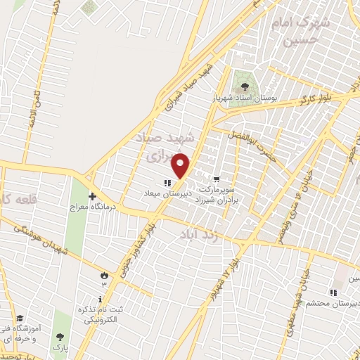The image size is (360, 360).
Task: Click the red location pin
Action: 181,165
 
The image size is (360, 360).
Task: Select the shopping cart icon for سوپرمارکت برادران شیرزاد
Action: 216,179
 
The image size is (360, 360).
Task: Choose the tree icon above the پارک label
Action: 60,337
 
